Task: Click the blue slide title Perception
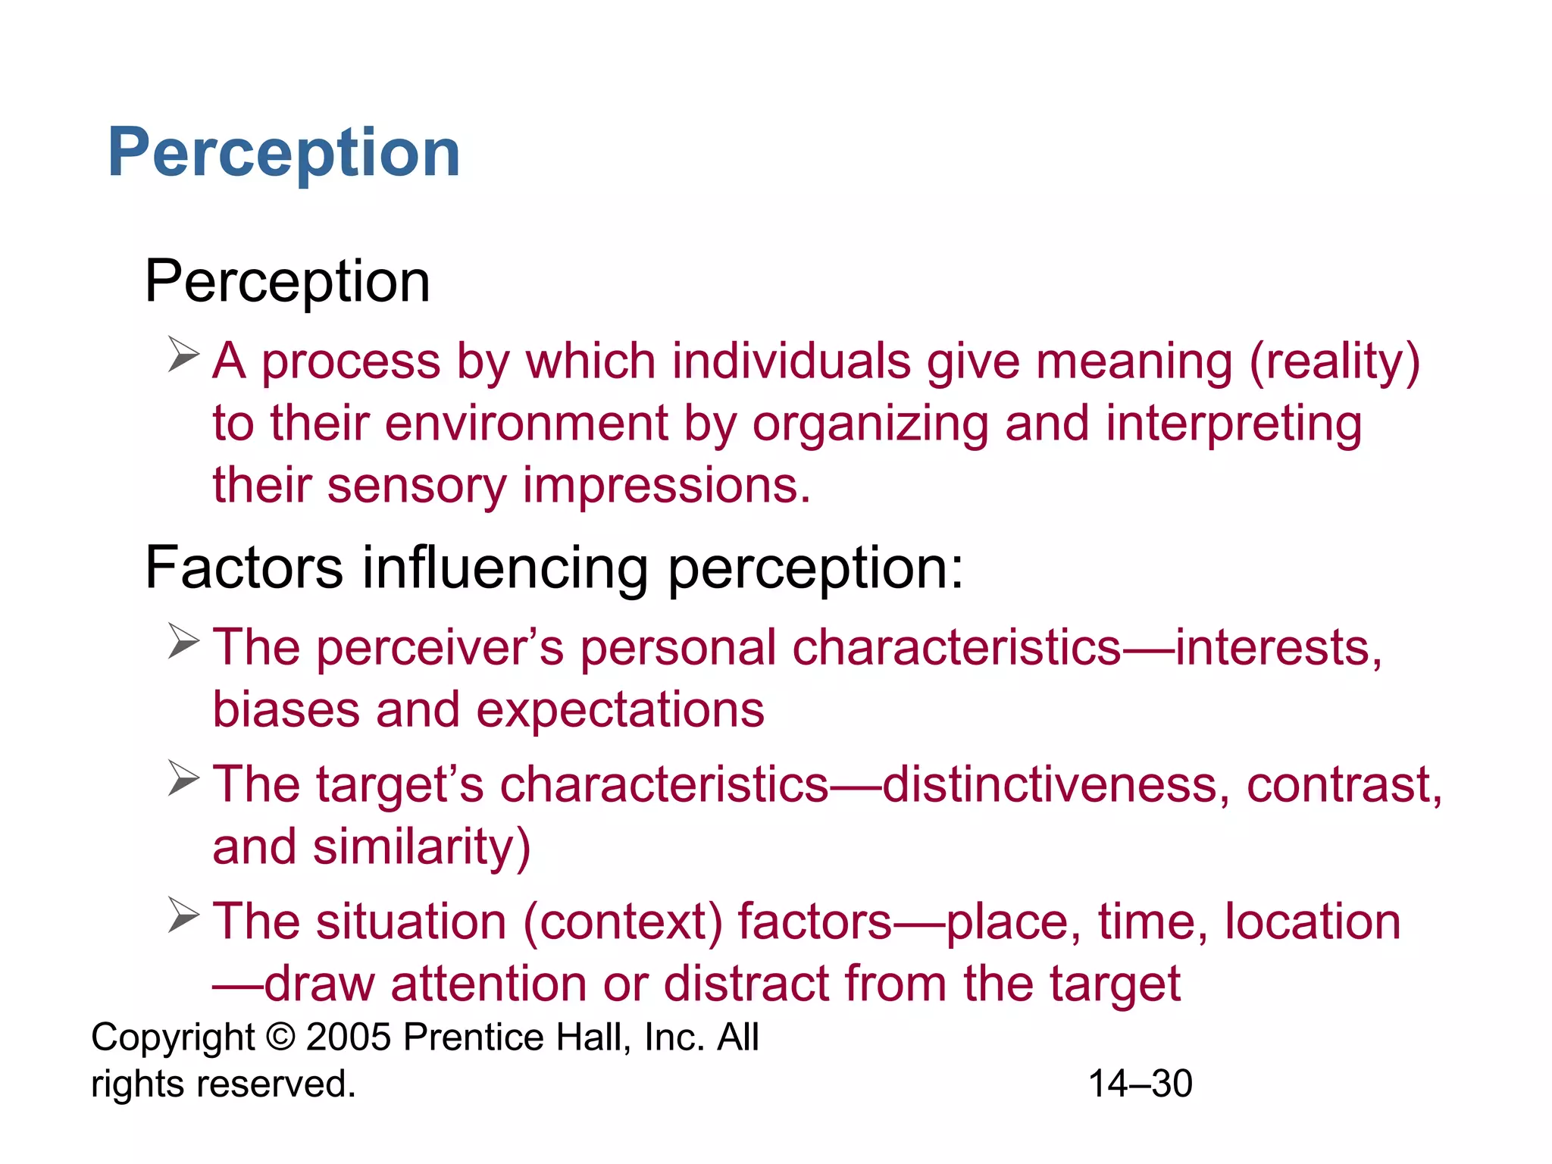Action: pyautogui.click(x=284, y=154)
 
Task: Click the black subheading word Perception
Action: pyautogui.click(x=287, y=282)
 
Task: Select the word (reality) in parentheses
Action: pyautogui.click(x=1334, y=361)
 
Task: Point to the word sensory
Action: pyautogui.click(x=416, y=486)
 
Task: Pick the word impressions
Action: pyautogui.click(x=666, y=486)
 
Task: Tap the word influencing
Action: pyautogui.click(x=505, y=568)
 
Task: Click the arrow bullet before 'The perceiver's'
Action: pyautogui.click(x=183, y=641)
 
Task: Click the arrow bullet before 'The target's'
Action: pyautogui.click(x=183, y=778)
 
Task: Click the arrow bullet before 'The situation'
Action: pyautogui.click(x=183, y=915)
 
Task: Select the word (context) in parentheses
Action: pyautogui.click(x=622, y=922)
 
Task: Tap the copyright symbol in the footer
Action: pyautogui.click(x=280, y=1037)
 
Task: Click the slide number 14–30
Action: pyautogui.click(x=1141, y=1084)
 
